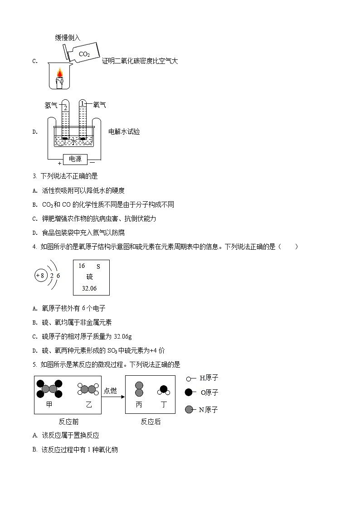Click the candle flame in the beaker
59,73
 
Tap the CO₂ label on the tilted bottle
84,54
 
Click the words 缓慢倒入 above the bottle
68,38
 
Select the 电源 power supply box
75,159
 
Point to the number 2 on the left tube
66,108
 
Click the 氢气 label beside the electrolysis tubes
51,105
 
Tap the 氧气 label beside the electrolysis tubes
99,105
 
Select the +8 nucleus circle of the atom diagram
40,275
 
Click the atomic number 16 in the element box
82,266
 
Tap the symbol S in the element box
98,267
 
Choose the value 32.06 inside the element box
89,288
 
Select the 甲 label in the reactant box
49,405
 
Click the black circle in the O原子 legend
189,393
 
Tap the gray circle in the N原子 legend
189,410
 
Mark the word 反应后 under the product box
150,422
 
